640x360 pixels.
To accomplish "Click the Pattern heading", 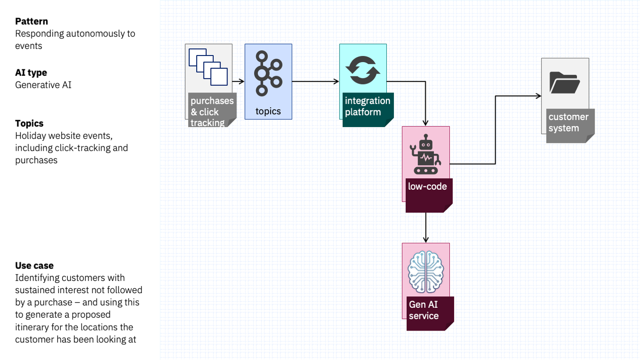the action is [31, 21].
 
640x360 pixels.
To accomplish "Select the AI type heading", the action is [31, 73].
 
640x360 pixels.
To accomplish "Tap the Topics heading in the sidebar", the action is [29, 123].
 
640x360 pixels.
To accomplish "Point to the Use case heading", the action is [34, 265].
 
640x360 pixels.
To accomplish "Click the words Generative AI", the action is [43, 85].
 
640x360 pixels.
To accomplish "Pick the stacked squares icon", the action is [208, 67].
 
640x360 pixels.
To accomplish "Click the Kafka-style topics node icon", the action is [268, 73].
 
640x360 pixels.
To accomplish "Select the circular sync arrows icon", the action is [363, 70].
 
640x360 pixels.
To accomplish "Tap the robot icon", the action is [426, 155].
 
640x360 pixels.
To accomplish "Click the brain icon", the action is [426, 272].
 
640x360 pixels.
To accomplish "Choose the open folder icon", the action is [565, 83].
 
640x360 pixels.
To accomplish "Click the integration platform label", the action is [367, 106].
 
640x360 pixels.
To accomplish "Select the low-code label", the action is [427, 186].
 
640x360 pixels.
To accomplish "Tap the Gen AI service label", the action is [424, 310].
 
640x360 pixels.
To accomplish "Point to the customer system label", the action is [568, 122].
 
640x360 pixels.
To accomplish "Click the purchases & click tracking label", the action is [212, 111].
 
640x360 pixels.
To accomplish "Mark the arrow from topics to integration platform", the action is [316, 82].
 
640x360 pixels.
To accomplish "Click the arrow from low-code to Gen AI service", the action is [426, 228].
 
